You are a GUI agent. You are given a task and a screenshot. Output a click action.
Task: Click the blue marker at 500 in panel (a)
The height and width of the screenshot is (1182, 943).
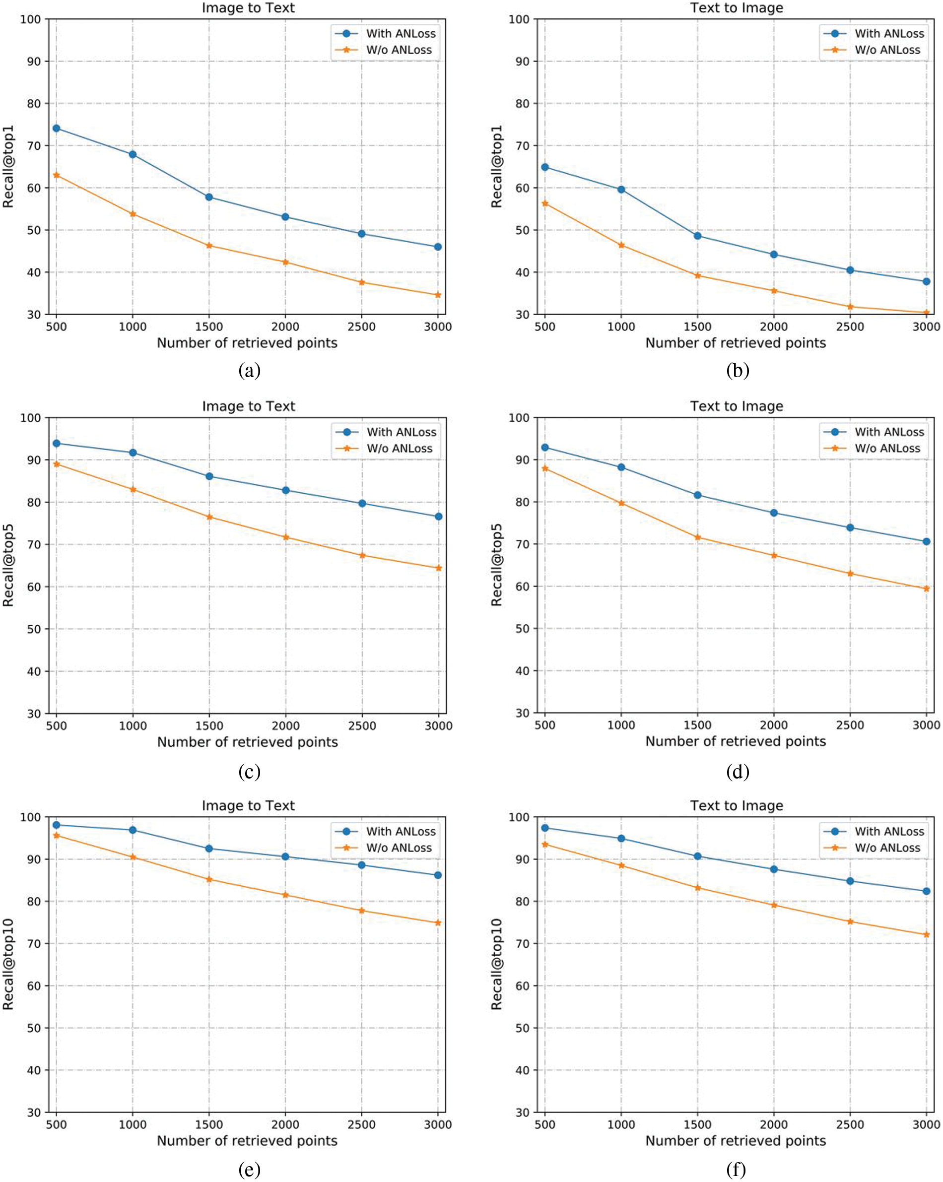pyautogui.click(x=56, y=129)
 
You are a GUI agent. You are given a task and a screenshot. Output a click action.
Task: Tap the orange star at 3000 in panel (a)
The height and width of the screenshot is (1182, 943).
pyautogui.click(x=438, y=295)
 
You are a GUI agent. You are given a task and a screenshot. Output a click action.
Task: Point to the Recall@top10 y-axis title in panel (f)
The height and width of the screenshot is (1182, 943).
pyautogui.click(x=496, y=964)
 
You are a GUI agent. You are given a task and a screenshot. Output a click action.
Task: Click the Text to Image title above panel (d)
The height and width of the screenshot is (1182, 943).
pyautogui.click(x=737, y=406)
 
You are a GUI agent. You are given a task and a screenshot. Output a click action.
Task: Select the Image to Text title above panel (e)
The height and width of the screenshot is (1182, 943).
pyautogui.click(x=248, y=805)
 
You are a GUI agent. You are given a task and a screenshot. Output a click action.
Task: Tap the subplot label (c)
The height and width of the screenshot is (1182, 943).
pyautogui.click(x=250, y=772)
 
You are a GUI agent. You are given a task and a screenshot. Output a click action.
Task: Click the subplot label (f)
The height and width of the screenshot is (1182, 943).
pyautogui.click(x=737, y=1170)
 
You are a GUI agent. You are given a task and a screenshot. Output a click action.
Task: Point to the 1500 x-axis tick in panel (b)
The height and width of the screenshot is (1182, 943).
pyautogui.click(x=697, y=327)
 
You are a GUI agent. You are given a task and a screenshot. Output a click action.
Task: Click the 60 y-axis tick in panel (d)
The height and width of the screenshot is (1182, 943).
pyautogui.click(x=522, y=587)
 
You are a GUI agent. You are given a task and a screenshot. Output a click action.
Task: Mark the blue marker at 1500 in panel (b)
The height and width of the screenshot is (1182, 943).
pyautogui.click(x=697, y=236)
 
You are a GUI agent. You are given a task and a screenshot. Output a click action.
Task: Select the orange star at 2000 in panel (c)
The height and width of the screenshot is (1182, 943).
pyautogui.click(x=285, y=537)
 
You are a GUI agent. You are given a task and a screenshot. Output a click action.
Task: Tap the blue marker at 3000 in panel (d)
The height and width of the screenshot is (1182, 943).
pyautogui.click(x=927, y=542)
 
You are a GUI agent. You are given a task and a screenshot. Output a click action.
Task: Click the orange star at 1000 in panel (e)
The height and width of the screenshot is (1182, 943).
pyautogui.click(x=133, y=857)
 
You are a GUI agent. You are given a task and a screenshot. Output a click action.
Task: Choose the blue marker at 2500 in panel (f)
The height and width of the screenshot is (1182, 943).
pyautogui.click(x=850, y=881)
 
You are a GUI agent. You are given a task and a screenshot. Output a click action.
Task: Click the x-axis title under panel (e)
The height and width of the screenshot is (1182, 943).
pyautogui.click(x=247, y=1140)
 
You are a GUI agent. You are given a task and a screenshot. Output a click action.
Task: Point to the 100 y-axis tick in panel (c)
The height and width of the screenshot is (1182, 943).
pyautogui.click(x=31, y=418)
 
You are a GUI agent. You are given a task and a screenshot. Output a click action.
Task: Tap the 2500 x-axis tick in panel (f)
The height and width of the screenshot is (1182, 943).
pyautogui.click(x=850, y=1124)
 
